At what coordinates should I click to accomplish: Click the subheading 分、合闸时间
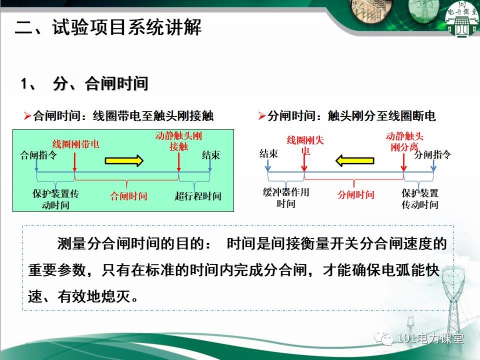pos(100,83)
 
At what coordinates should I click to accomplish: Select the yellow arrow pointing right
pos(124,160)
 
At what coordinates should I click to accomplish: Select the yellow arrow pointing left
pos(355,160)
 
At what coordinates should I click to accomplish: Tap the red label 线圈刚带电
pos(76,144)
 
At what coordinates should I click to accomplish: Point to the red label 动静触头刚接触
pos(178,141)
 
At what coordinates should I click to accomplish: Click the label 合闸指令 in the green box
pos(38,155)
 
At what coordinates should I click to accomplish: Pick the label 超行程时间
pos(198,196)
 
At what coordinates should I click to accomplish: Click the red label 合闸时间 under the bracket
pos(128,196)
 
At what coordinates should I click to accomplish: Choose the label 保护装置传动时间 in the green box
pos(55,199)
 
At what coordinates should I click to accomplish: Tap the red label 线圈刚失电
pos(305,145)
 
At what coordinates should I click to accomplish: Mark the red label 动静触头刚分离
pos(404,141)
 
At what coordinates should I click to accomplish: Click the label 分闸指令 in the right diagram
pos(432,154)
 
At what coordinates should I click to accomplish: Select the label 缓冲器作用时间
pos(286,197)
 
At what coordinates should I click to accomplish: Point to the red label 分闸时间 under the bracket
pos(355,194)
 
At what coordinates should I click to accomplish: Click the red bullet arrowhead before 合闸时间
pos(27,116)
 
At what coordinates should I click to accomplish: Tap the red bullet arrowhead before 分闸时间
pos(261,116)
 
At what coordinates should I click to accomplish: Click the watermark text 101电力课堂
pos(430,338)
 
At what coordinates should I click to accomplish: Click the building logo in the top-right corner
pos(462,19)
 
